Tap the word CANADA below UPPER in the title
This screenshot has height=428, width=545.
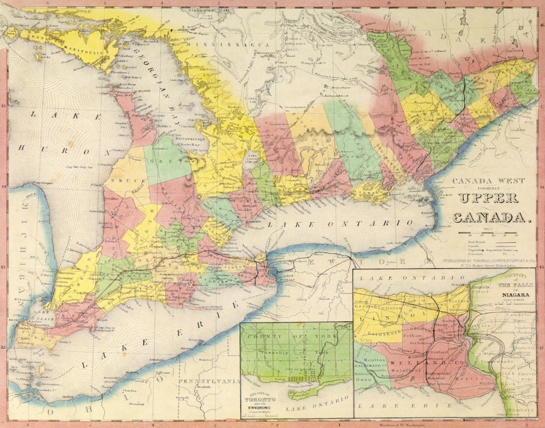coord(491,217)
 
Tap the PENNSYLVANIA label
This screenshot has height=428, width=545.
coord(208,381)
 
